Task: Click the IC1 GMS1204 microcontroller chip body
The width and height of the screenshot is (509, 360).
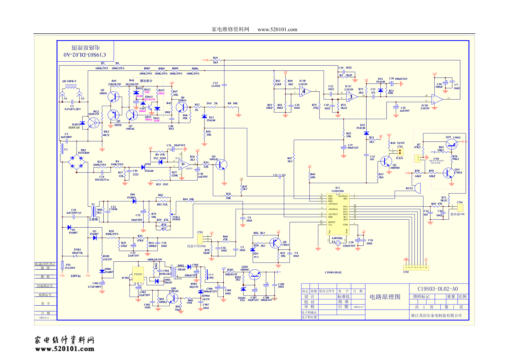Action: pos(338,214)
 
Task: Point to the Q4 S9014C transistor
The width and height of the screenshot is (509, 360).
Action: pos(220,165)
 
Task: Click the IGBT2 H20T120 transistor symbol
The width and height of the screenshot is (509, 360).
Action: pos(93,123)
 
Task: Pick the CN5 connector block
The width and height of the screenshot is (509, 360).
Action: pos(416,268)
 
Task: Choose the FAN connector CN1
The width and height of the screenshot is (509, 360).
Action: pos(400,152)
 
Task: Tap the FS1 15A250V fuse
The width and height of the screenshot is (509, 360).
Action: pos(63,265)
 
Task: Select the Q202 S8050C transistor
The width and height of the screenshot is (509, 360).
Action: pos(255,275)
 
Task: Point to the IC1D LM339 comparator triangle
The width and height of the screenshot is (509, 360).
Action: pos(437,98)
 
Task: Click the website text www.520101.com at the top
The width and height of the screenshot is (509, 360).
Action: pos(277,30)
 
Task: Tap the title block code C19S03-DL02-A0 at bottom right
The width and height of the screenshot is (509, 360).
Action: pos(438,289)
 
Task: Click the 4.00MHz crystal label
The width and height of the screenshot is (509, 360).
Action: pos(337,238)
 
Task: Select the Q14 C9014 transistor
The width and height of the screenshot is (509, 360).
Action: pos(449,173)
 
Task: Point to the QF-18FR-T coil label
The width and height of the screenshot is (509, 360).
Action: pos(69,81)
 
